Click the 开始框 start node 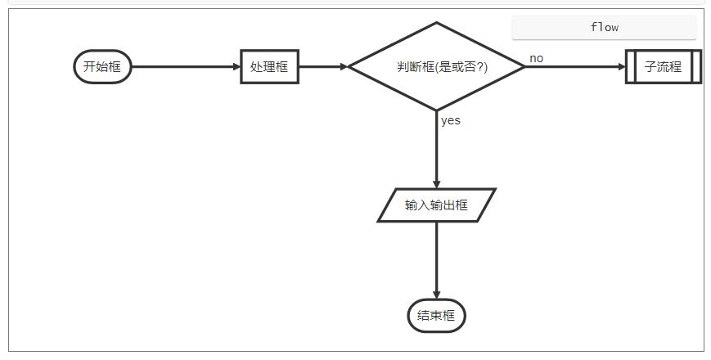pyautogui.click(x=102, y=67)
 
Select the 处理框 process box pyautogui.click(x=269, y=67)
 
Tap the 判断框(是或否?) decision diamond pyautogui.click(x=436, y=67)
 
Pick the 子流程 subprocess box pyautogui.click(x=663, y=67)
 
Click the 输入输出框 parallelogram pyautogui.click(x=436, y=205)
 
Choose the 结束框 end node pyautogui.click(x=436, y=316)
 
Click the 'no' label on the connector pyautogui.click(x=536, y=58)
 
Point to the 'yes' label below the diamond pyautogui.click(x=451, y=120)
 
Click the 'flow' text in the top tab pyautogui.click(x=604, y=27)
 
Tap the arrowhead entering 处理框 pyautogui.click(x=236, y=67)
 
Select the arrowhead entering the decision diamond pyautogui.click(x=344, y=67)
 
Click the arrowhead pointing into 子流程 pyautogui.click(x=621, y=67)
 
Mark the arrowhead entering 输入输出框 pyautogui.click(x=436, y=184)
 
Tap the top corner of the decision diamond pyautogui.click(x=436, y=24)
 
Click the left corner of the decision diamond pyautogui.click(x=350, y=67)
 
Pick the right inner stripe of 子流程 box pyautogui.click(x=692, y=67)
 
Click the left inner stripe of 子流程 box pyautogui.click(x=634, y=67)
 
